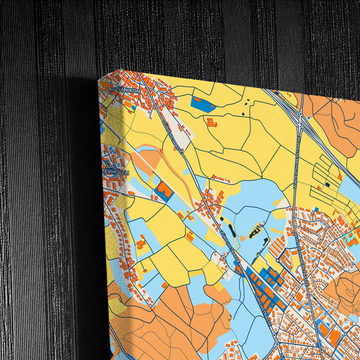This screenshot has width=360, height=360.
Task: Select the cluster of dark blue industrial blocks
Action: click(x=265, y=279)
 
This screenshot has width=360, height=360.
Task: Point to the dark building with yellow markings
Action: click(x=256, y=233)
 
